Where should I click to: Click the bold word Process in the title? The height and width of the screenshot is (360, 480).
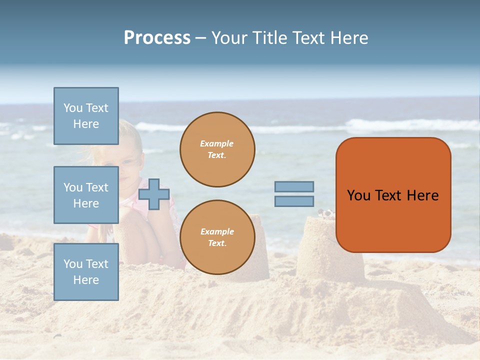[x=157, y=38]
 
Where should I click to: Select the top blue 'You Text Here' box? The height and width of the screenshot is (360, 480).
[x=86, y=116]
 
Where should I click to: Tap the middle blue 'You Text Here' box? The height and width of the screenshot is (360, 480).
[x=86, y=195]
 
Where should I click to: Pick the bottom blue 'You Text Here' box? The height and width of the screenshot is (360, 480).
[x=86, y=271]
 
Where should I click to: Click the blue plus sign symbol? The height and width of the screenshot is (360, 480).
[x=154, y=194]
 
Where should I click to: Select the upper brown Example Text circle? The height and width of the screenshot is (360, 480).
[x=217, y=149]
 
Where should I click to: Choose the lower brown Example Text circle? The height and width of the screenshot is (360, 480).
[x=217, y=237]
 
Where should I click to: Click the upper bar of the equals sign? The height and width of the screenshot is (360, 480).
[x=294, y=186]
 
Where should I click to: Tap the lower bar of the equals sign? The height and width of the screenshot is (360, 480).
[x=294, y=201]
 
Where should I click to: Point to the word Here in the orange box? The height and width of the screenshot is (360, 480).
[x=422, y=195]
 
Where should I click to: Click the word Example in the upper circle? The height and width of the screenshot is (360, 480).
[x=217, y=143]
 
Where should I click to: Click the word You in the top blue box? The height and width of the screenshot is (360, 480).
[x=73, y=108]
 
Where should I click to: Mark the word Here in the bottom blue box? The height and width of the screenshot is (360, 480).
[x=86, y=280]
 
